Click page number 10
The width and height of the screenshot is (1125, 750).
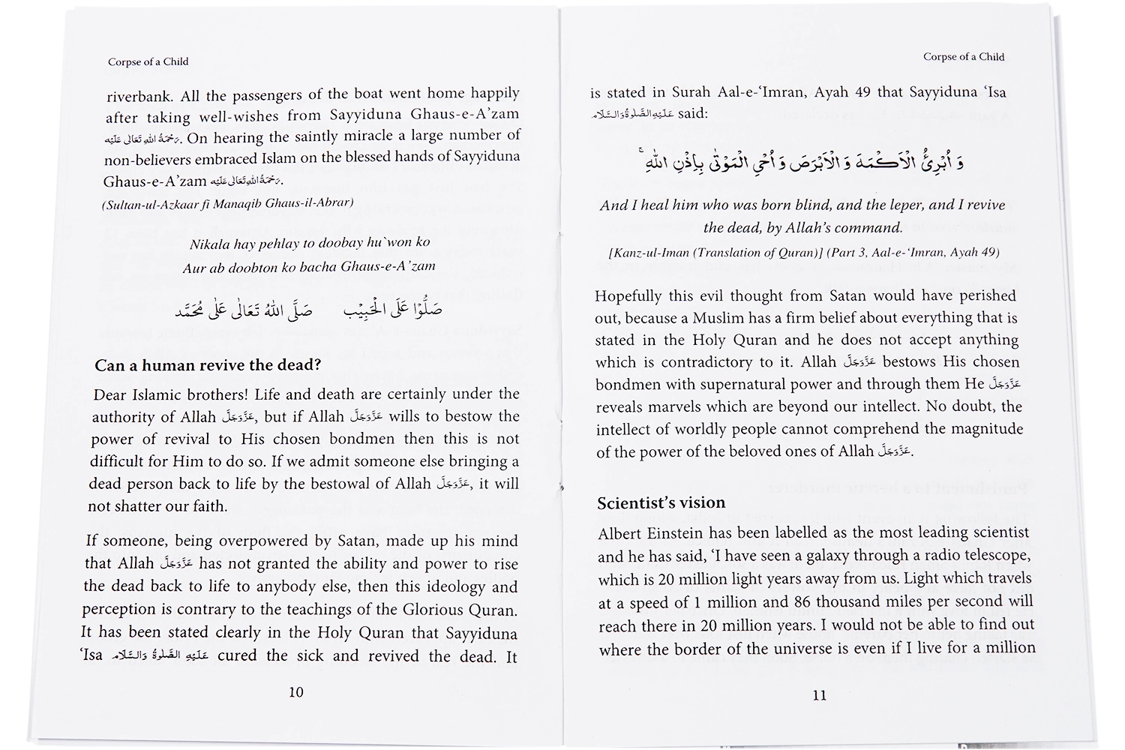pos(296,691)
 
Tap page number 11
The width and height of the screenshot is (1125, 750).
pos(820,694)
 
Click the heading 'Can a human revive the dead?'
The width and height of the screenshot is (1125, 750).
pos(208,365)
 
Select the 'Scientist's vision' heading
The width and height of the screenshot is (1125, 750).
pos(661,502)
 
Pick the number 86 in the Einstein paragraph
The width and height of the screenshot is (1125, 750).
pos(801,601)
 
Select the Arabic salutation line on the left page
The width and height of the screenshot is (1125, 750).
pos(308,309)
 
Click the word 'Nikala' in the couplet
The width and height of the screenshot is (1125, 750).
pos(210,244)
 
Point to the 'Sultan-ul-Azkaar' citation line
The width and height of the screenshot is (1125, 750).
pos(227,202)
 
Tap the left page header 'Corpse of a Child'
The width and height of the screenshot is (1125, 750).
pos(148,61)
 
